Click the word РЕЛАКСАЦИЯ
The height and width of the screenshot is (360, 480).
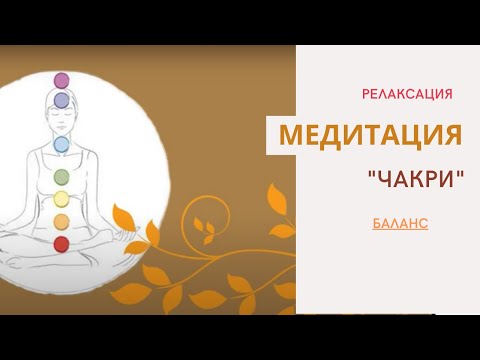click(x=407, y=93)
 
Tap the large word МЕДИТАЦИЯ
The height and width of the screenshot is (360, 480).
click(x=370, y=135)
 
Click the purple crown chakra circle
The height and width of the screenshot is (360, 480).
click(x=61, y=80)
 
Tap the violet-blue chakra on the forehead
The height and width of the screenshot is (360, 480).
click(x=61, y=100)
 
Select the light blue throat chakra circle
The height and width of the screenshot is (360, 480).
click(x=61, y=144)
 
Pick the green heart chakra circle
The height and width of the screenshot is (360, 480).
click(x=61, y=177)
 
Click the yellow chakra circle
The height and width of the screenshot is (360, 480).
click(x=61, y=198)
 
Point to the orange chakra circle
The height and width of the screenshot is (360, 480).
click(x=61, y=220)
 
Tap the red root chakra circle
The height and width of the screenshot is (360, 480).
click(x=61, y=243)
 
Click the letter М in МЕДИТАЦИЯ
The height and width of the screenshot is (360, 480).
click(x=290, y=135)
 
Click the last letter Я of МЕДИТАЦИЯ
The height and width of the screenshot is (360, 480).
click(x=452, y=135)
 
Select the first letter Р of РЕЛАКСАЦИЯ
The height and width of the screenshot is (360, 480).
click(x=366, y=93)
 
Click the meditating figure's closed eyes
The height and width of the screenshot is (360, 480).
click(x=61, y=116)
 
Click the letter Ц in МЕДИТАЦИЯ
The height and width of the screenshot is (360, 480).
click(x=411, y=135)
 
